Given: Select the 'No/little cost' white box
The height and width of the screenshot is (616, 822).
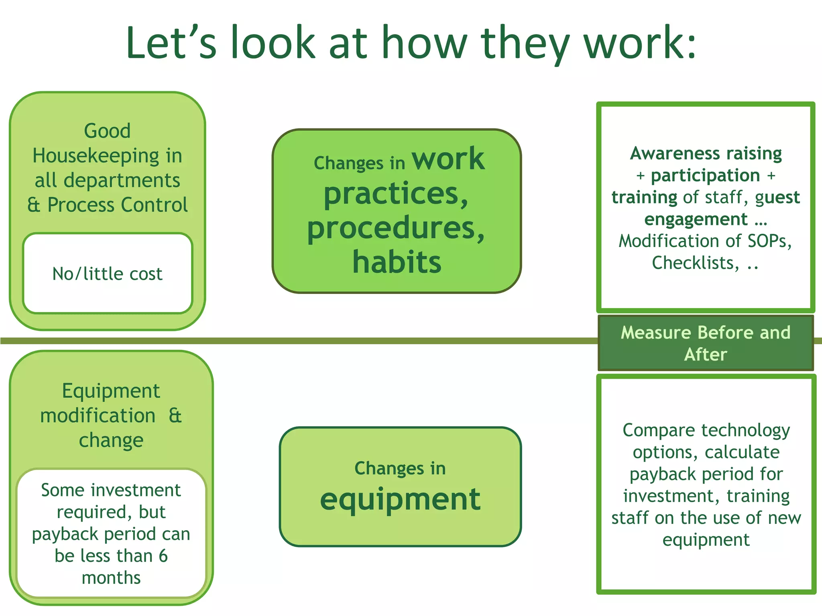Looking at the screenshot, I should [108, 274].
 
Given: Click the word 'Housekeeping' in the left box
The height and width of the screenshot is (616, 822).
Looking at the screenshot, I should [96, 156].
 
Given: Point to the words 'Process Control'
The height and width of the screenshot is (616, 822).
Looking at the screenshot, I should [118, 205].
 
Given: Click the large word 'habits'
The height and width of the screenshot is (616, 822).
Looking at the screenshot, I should [397, 262].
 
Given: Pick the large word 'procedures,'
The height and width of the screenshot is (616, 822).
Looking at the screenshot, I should [396, 228].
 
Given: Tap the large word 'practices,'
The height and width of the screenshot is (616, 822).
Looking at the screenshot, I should [396, 194].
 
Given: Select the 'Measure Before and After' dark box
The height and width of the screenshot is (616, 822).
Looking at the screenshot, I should [705, 343].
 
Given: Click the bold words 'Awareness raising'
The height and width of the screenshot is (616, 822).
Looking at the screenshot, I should [706, 153].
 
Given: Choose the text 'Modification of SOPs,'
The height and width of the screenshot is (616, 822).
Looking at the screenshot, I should [705, 241].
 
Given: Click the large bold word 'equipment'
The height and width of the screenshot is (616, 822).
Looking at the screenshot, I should [400, 499].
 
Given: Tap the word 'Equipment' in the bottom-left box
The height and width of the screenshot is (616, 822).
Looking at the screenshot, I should [111, 391].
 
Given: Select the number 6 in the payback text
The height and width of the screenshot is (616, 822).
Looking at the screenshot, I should [163, 556].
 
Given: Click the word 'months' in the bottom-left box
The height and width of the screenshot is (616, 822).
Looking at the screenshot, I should [111, 578].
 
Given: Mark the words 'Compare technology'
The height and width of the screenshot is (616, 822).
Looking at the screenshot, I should [706, 430].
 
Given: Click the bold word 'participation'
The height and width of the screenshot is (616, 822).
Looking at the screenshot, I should [705, 175].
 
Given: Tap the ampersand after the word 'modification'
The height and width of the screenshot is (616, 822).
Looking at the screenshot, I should [175, 415].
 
